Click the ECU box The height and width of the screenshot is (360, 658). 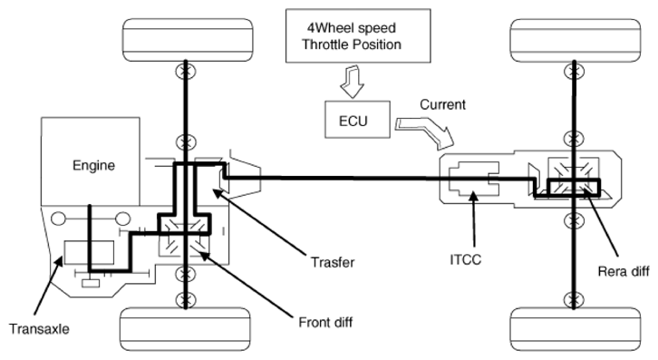pyautogui.click(x=357, y=120)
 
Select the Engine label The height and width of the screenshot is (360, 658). pyautogui.click(x=93, y=165)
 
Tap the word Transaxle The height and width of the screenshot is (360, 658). pyautogui.click(x=39, y=328)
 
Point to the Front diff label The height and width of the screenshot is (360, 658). pyautogui.click(x=325, y=323)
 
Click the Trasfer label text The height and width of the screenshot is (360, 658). pyautogui.click(x=333, y=263)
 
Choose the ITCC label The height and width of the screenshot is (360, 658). pyautogui.click(x=465, y=259)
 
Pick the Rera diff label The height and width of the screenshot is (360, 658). pyautogui.click(x=624, y=271)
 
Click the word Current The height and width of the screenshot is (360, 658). pyautogui.click(x=442, y=104)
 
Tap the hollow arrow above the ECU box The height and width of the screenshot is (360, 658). pyautogui.click(x=352, y=82)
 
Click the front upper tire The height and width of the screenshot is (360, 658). pyautogui.click(x=188, y=40)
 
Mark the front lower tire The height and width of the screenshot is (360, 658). pyautogui.click(x=185, y=330)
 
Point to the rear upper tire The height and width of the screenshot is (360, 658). pyautogui.click(x=576, y=40)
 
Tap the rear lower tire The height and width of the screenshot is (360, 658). pyautogui.click(x=576, y=330)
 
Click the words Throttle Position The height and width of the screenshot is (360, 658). pyautogui.click(x=352, y=44)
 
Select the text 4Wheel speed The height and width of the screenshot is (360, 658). pyautogui.click(x=352, y=28)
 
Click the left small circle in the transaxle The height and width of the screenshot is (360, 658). pyautogui.click(x=58, y=219)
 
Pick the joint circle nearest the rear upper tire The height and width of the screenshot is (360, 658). pyautogui.click(x=574, y=72)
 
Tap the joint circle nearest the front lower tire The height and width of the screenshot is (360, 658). pyautogui.click(x=186, y=299)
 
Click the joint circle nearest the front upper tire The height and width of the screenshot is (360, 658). pyautogui.click(x=186, y=71)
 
